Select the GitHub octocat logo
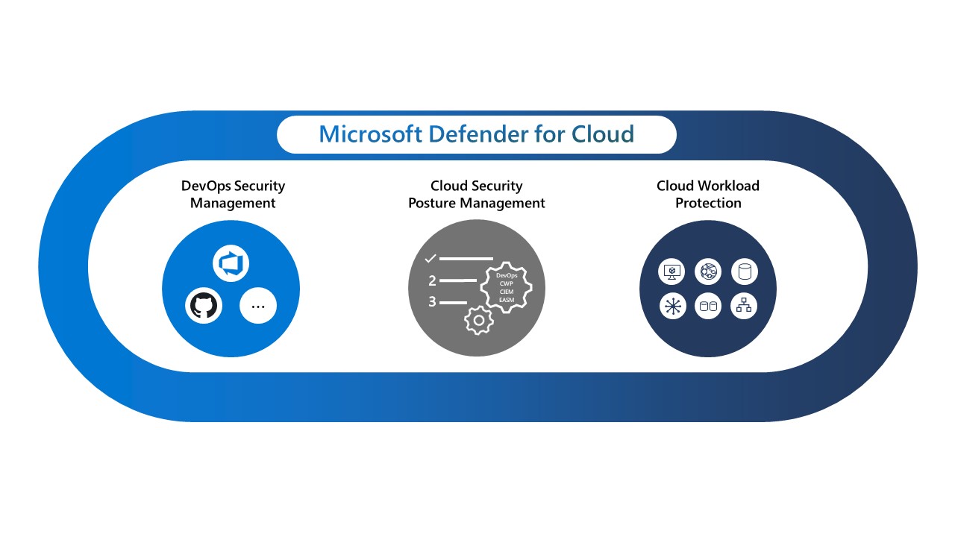tap(203, 306)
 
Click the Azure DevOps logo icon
tap(231, 264)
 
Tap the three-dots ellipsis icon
tap(258, 306)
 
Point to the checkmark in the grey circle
tap(430, 259)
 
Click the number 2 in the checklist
tap(432, 281)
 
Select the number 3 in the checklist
tap(432, 302)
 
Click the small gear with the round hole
tap(478, 319)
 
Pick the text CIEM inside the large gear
tap(507, 292)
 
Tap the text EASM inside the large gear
tap(507, 300)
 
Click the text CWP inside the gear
tap(507, 284)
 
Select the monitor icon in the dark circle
tap(672, 271)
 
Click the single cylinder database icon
tap(744, 271)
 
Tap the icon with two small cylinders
tap(708, 306)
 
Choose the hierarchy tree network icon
tap(744, 306)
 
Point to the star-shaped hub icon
tap(673, 306)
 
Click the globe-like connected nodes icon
tap(708, 271)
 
